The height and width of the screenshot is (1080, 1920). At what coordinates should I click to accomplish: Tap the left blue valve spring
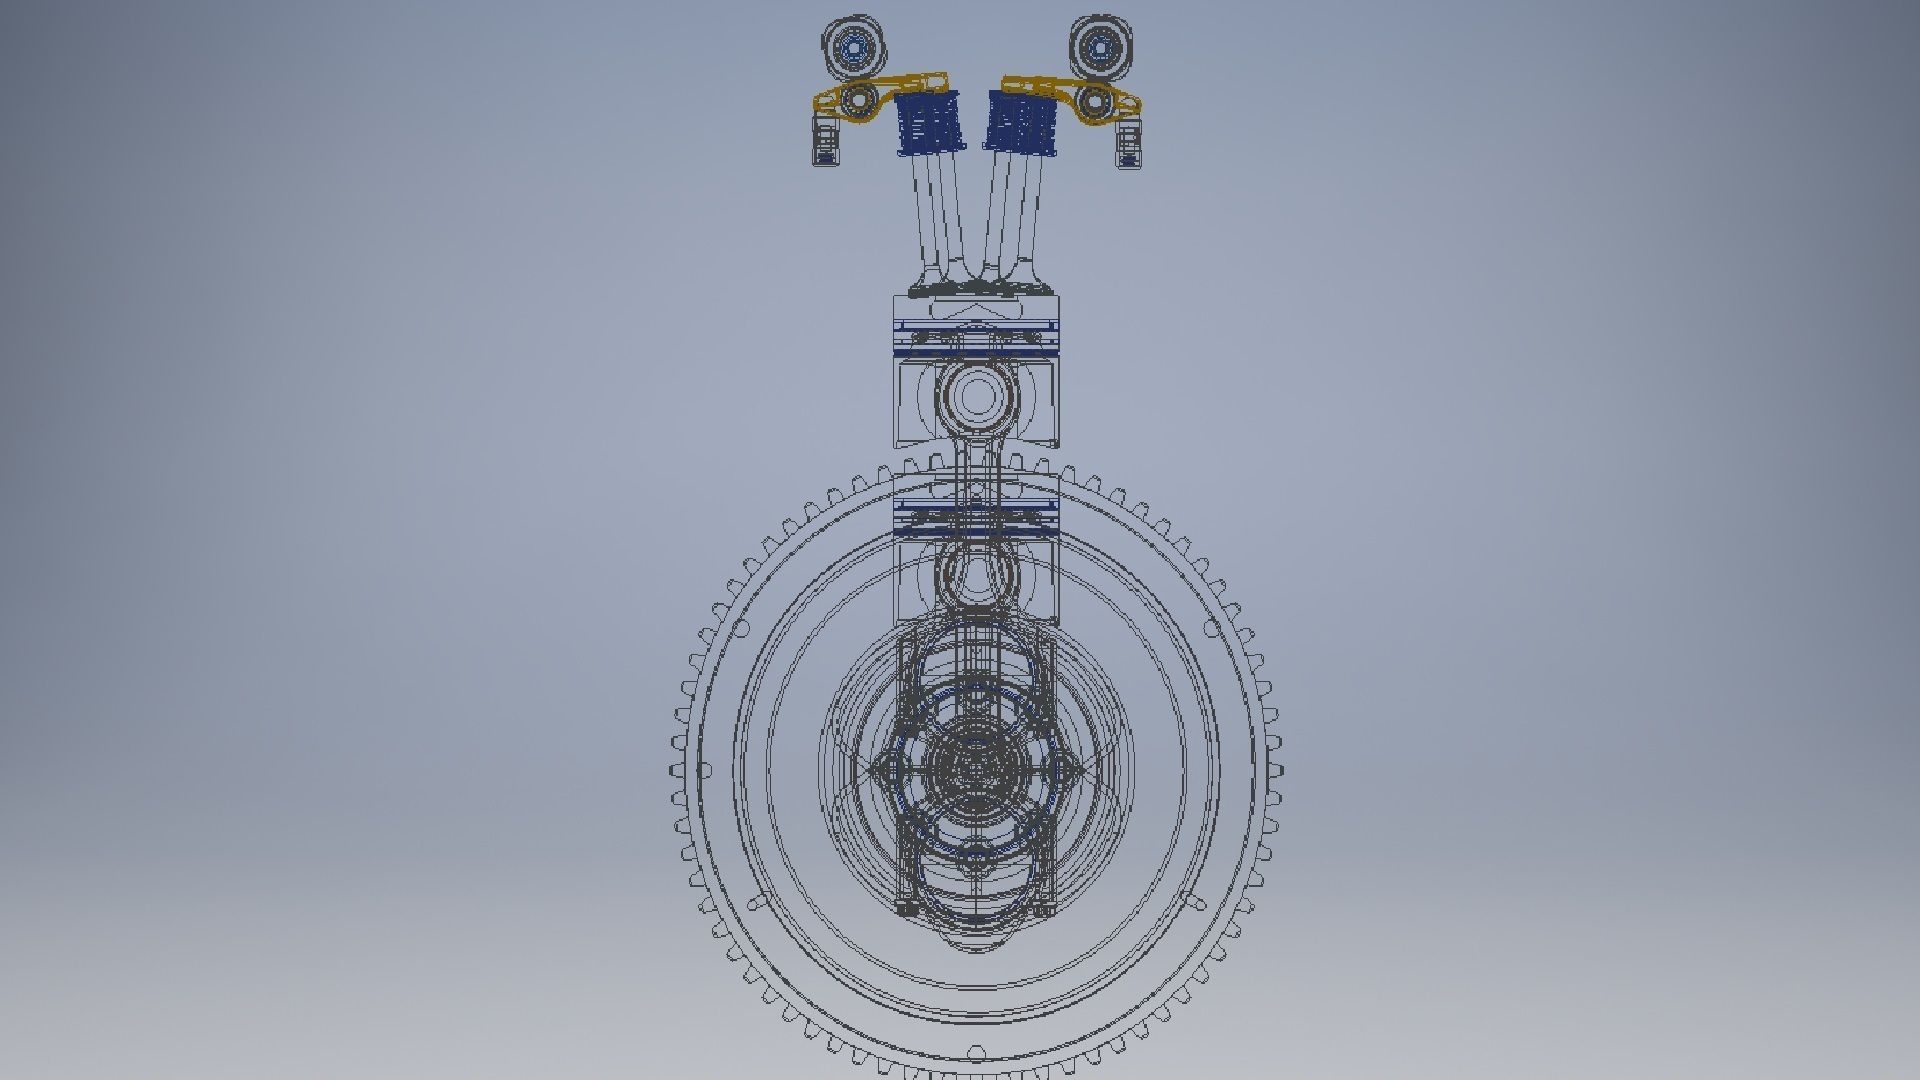tap(929, 124)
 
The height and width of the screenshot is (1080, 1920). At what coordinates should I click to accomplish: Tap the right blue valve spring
tap(1022, 124)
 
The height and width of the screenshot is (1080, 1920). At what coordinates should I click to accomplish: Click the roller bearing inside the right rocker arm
tap(1095, 101)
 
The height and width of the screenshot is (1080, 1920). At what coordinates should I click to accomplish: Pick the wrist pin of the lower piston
tap(974, 574)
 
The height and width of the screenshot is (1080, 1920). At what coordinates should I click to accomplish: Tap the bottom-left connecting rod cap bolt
tap(907, 909)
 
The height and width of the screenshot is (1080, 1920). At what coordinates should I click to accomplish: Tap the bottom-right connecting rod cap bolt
tap(1043, 909)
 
